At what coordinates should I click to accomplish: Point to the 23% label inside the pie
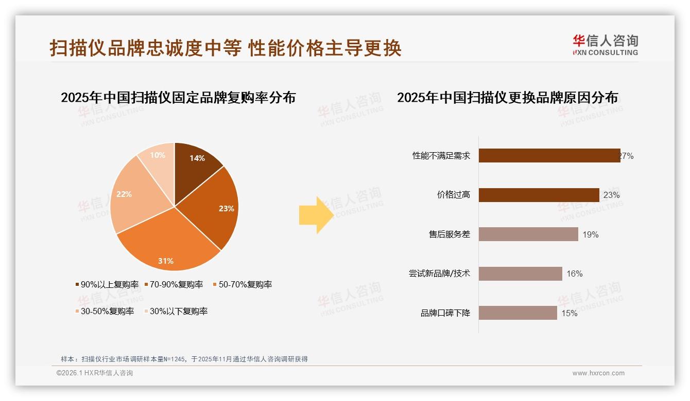click(x=226, y=208)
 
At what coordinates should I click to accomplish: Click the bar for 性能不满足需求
click(x=549, y=156)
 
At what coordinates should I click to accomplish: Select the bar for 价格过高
click(x=539, y=195)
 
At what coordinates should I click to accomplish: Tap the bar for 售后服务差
click(x=528, y=234)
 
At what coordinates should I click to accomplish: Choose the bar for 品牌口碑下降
click(x=517, y=313)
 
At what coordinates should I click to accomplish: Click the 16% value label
click(x=574, y=274)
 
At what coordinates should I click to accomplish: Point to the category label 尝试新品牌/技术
click(x=439, y=274)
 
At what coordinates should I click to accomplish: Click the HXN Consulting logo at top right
click(x=605, y=45)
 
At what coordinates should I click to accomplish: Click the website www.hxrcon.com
click(x=598, y=373)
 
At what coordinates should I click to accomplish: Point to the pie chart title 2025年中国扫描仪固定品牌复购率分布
click(x=178, y=97)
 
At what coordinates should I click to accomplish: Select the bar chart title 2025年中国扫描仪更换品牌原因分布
click(x=507, y=97)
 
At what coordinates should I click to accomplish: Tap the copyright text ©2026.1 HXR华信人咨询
click(x=95, y=373)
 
